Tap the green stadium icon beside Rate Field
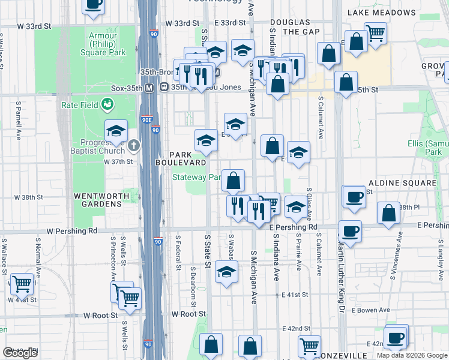107,105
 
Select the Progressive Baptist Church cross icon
134,145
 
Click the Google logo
20,352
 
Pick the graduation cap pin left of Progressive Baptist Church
116,130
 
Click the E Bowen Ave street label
371,310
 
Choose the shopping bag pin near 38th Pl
389,212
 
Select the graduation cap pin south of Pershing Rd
226,272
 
